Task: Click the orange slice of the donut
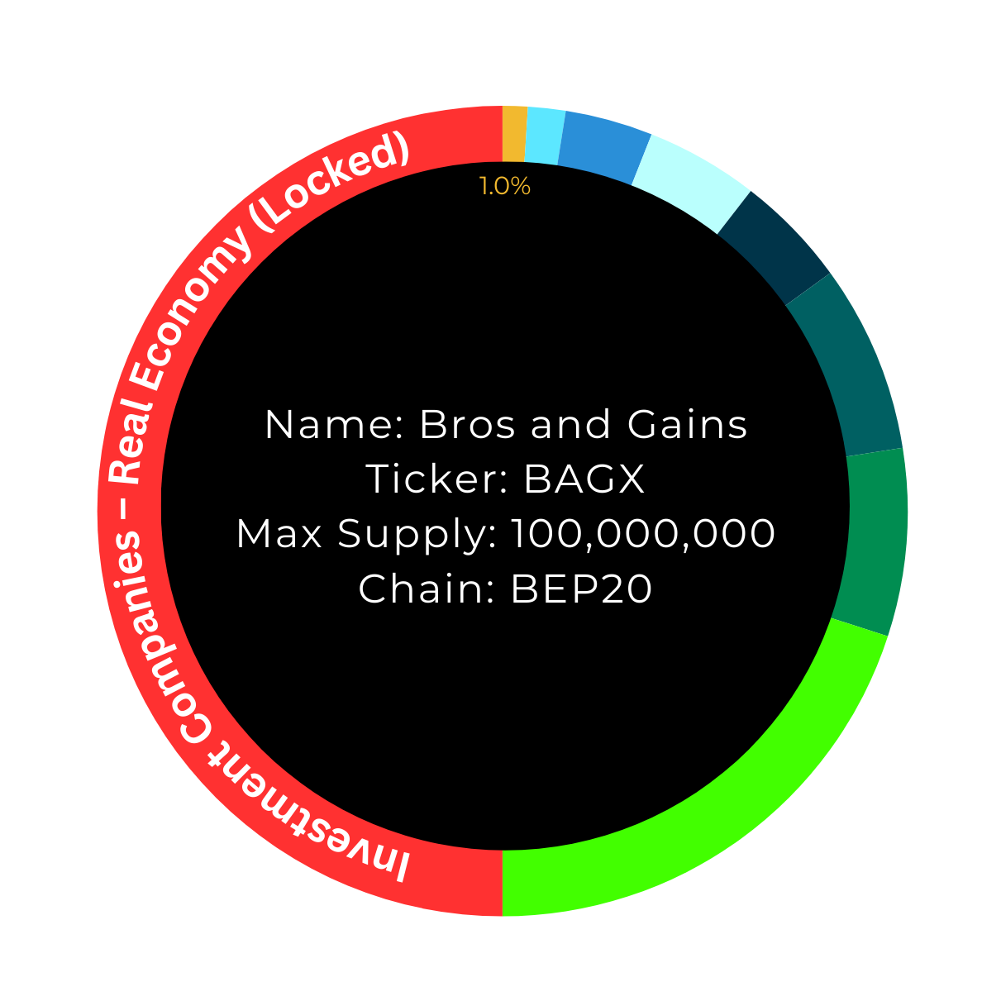[514, 134]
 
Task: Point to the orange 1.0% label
[504, 187]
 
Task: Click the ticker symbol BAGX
[584, 479]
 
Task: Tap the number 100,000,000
[643, 534]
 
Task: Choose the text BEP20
[581, 589]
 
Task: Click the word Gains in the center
[687, 425]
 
